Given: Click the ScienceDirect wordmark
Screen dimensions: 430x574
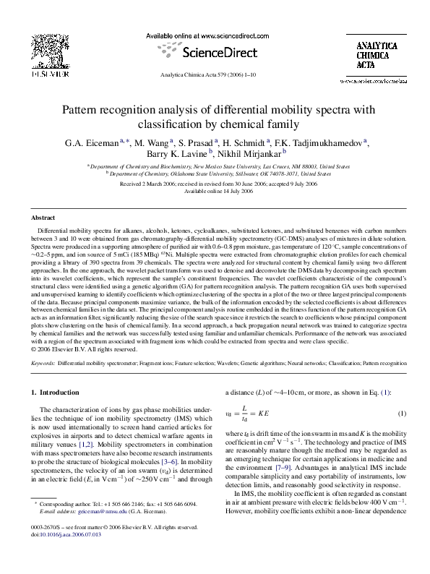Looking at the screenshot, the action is click(x=214, y=52).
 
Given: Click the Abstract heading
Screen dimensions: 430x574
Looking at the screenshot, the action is click(x=43, y=217).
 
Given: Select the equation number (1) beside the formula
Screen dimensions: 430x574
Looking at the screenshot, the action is click(x=403, y=433).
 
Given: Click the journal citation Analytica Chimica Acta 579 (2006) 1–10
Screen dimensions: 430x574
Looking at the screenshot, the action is click(x=215, y=74).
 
